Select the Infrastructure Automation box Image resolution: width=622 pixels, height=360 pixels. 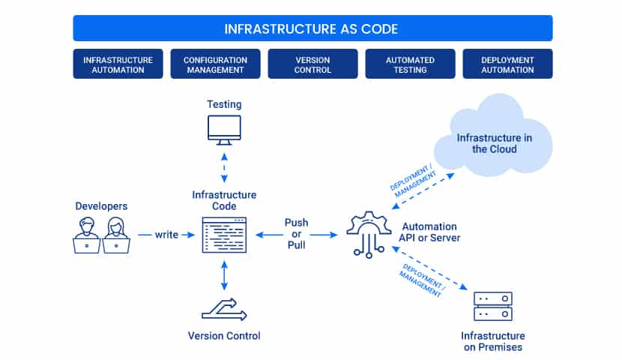pos(118,64)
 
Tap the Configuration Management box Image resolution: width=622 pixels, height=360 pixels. pos(215,64)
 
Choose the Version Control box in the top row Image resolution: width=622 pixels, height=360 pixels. pos(312,64)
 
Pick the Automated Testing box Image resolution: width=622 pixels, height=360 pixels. pos(410,64)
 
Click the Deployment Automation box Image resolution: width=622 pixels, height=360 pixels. pos(507,64)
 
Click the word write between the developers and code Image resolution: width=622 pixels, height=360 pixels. pos(166,235)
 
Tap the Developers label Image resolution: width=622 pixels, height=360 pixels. pos(102,206)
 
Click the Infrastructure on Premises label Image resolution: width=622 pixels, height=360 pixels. pos(493,341)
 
